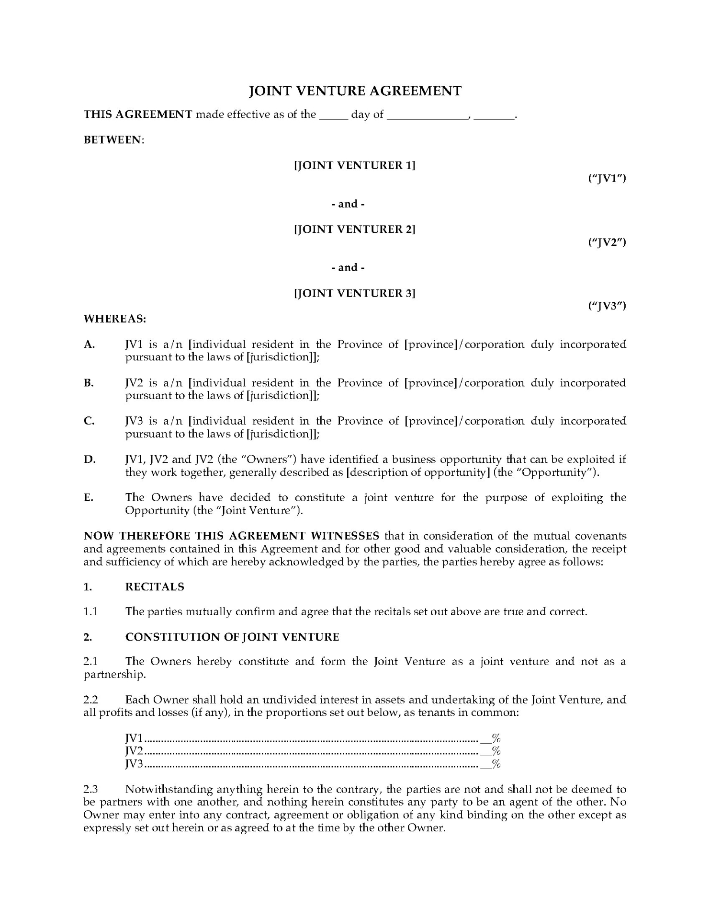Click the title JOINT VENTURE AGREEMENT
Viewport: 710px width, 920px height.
[x=355, y=91]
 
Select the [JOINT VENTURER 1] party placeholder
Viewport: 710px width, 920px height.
[x=355, y=165]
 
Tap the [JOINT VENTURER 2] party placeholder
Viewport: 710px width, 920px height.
[x=355, y=229]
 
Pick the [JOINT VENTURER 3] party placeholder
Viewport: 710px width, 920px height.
[x=355, y=293]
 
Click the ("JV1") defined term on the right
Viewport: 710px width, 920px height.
[x=607, y=178]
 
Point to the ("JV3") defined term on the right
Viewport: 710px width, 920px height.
[x=607, y=306]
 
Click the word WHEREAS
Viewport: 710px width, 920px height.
[x=115, y=319]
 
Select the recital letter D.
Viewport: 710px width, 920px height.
[x=90, y=460]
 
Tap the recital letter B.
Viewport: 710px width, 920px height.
[x=89, y=383]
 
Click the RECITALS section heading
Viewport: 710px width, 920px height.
[x=155, y=587]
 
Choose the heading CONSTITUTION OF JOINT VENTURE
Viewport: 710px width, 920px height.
[x=232, y=637]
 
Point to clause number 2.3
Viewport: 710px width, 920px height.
[x=90, y=789]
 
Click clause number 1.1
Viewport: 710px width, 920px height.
[x=90, y=612]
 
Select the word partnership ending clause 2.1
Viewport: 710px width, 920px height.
[x=113, y=675]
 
